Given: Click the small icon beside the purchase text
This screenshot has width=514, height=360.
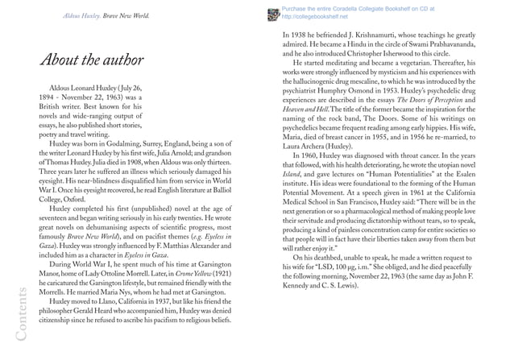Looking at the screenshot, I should click(x=272, y=11).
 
